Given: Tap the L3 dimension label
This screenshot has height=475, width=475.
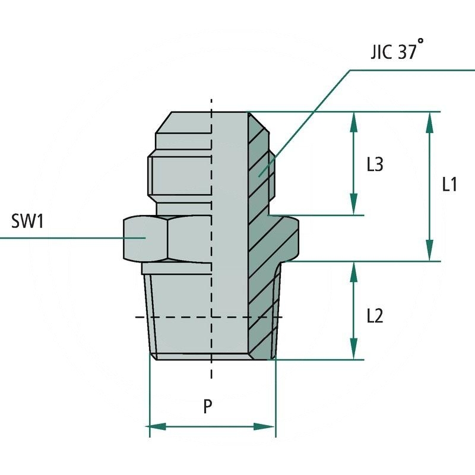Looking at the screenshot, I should click(x=374, y=164).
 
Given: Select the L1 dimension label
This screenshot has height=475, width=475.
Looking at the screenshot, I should click(x=449, y=185).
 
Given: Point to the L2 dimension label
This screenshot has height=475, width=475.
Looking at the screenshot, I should click(x=374, y=315).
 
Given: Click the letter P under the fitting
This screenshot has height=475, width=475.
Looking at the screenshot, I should click(x=208, y=407).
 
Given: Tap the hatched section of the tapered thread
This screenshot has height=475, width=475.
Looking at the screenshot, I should click(x=261, y=315).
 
